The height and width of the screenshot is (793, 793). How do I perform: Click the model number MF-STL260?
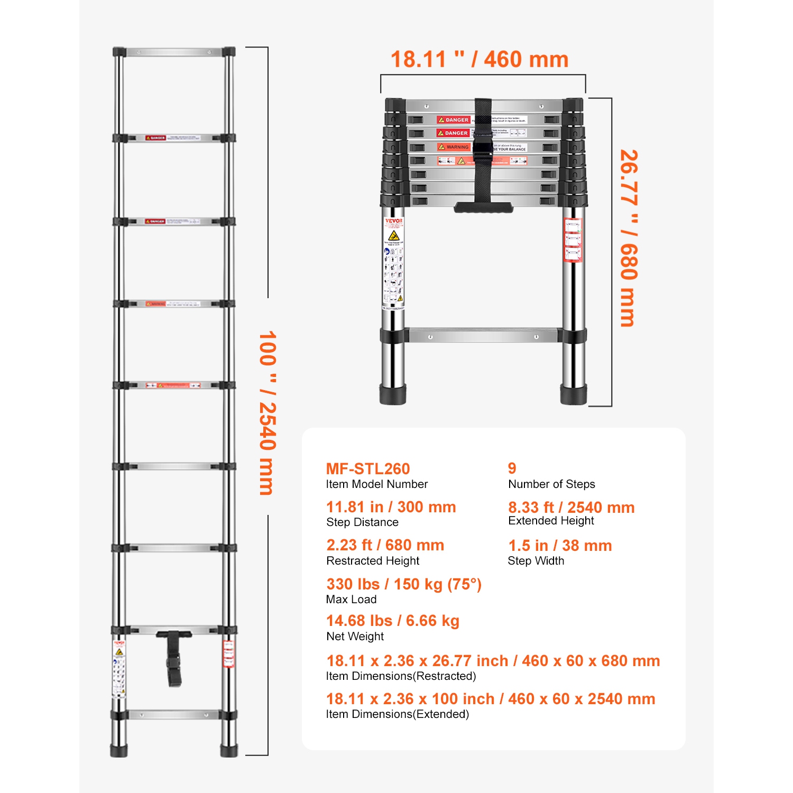pos(367,469)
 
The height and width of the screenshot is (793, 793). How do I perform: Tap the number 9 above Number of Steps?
pos(512,468)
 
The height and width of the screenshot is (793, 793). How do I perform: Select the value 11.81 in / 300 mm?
pos(391,507)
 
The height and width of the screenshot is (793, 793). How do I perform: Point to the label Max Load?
pos(351,599)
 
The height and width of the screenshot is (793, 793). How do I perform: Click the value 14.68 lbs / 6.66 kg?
pos(392,621)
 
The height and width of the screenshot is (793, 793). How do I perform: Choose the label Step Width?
pos(536,560)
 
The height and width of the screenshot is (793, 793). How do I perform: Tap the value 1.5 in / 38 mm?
pos(559,546)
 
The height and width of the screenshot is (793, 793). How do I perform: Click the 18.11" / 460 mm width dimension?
pos(479,59)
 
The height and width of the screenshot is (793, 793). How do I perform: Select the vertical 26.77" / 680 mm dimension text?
pos(629,238)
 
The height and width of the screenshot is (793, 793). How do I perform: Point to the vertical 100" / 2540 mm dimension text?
pos(268,413)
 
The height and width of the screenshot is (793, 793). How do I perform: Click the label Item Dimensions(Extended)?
pos(397,714)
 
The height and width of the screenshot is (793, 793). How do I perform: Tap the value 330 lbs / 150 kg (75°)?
pos(403,584)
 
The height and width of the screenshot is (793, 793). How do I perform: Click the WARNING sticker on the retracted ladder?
pos(454,147)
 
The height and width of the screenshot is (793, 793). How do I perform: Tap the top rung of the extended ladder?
pos(174,52)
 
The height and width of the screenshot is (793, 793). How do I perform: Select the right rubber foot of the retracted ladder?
pos(574,394)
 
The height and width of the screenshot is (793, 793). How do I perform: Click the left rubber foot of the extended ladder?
pos(119,750)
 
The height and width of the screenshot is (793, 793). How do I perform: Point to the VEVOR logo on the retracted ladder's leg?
pos(393,221)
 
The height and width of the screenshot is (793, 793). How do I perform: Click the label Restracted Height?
pos(373,560)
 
